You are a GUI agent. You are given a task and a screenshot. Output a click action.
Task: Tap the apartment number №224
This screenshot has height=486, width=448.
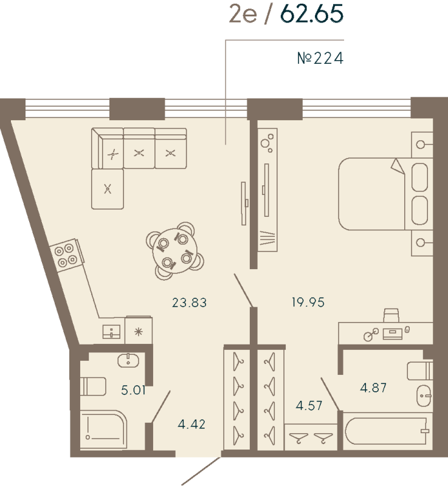point(320,58)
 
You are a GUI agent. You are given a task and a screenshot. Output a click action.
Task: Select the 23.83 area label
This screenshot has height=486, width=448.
point(189,302)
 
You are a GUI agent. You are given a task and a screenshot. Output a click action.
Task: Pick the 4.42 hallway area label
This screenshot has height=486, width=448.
point(191,423)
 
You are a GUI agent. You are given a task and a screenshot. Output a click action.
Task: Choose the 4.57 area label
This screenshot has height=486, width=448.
point(309,405)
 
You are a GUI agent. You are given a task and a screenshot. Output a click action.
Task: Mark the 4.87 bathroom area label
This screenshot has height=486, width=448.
point(374,388)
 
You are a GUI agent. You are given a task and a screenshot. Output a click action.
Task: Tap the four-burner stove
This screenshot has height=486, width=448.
point(66,254)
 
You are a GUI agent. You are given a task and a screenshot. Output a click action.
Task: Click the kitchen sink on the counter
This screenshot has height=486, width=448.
point(112,332)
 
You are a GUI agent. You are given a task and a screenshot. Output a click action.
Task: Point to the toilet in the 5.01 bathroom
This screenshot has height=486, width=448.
point(93,386)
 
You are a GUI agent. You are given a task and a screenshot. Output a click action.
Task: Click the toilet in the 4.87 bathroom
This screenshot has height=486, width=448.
point(420,370)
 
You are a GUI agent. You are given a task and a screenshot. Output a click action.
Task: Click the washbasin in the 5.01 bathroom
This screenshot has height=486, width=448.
point(129,360)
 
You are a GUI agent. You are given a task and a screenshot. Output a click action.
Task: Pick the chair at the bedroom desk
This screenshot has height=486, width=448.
point(391,315)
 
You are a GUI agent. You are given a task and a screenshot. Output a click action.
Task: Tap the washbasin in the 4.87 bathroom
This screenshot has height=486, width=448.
point(423,398)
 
